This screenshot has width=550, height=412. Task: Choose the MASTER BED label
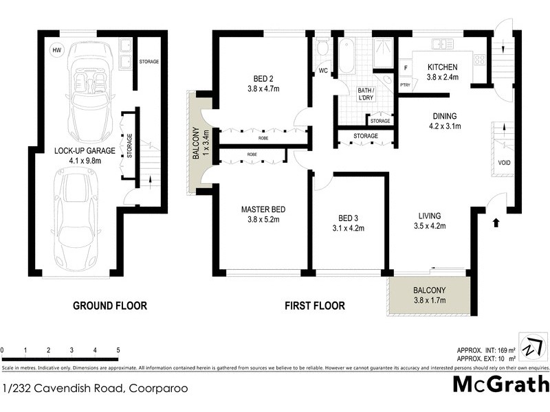[263, 209]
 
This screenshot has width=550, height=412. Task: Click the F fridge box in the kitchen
[406, 69]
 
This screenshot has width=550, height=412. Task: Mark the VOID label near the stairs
[505, 163]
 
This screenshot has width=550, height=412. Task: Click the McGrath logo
[500, 384]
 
